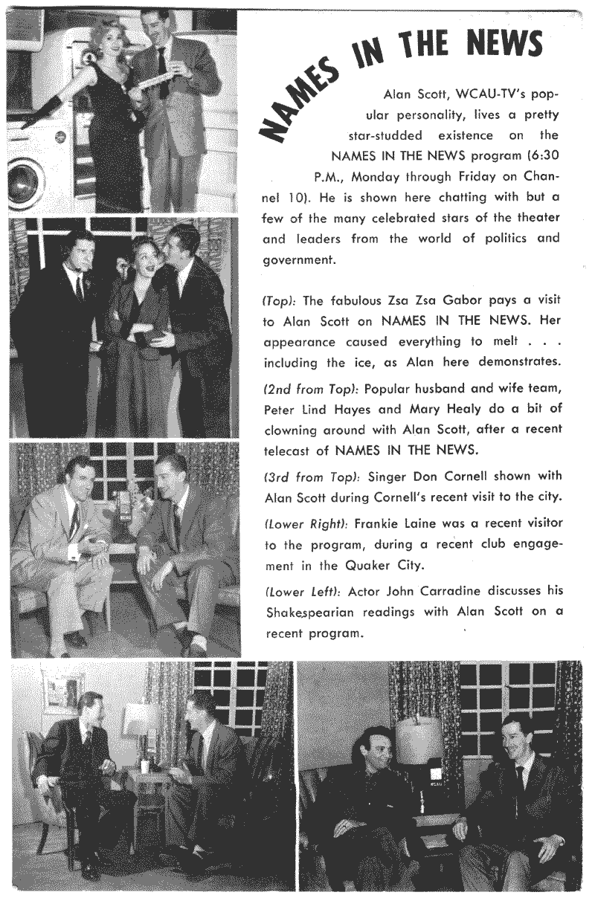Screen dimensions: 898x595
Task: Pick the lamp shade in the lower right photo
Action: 419,739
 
